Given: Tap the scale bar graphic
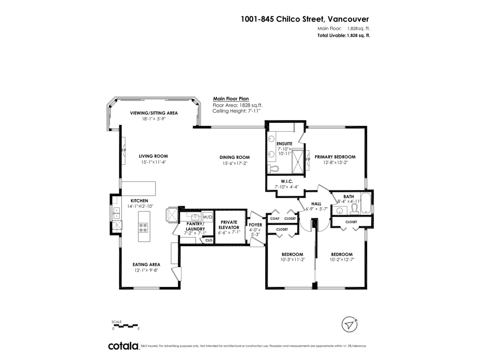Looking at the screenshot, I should [x=125, y=325].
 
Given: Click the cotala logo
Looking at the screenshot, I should [x=123, y=346].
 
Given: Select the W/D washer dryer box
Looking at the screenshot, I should [x=207, y=217].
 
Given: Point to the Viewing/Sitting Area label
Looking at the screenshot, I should [x=154, y=113].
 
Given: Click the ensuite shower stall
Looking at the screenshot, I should [x=298, y=161].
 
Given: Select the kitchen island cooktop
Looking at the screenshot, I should [x=143, y=227].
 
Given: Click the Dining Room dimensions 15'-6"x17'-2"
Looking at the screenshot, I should [x=236, y=163].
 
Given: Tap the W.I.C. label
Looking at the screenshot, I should [x=286, y=181].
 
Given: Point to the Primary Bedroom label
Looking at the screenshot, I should [x=335, y=157].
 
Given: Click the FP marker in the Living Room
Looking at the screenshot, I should [x=124, y=151].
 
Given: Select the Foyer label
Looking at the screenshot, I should [x=255, y=225].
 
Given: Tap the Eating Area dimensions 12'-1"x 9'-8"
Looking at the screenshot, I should [x=146, y=270].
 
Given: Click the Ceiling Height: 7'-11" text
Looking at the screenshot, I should [x=236, y=111].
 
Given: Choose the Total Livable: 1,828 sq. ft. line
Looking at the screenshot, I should [x=344, y=35].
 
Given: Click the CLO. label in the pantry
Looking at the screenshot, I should [x=208, y=240].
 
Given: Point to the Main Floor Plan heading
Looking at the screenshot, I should [x=231, y=99].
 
